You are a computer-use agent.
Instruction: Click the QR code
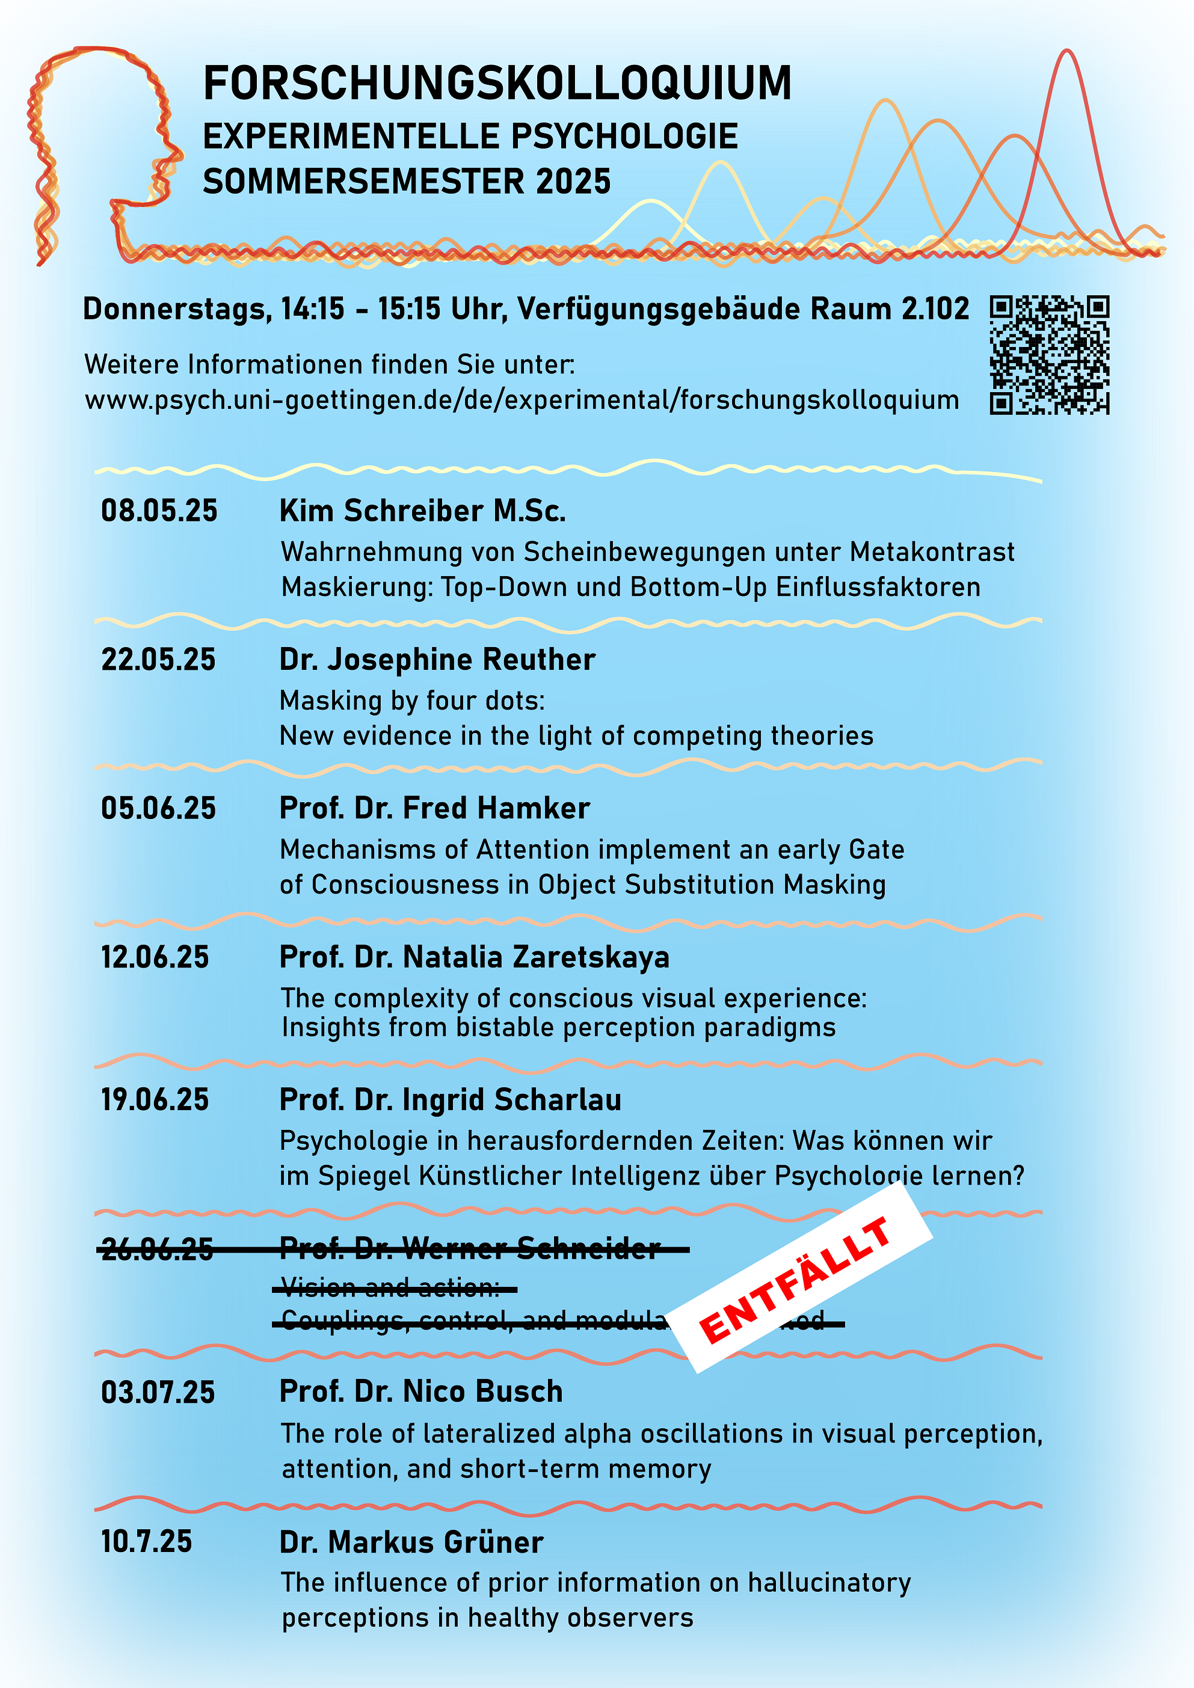tap(1049, 355)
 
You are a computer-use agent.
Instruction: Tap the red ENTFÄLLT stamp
tap(798, 1280)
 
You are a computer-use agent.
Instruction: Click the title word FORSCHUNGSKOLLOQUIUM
tap(497, 83)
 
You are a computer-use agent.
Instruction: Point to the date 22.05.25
tap(158, 660)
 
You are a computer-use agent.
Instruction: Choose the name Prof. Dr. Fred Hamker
tap(434, 808)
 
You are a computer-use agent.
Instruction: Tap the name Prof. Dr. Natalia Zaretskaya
tap(474, 957)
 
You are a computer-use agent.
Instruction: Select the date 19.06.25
tap(155, 1100)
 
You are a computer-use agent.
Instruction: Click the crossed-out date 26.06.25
tap(156, 1248)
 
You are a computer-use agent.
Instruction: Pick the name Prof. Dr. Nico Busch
tap(420, 1392)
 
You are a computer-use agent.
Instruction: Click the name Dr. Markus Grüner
tap(411, 1542)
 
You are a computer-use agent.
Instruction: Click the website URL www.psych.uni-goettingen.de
tap(522, 400)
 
